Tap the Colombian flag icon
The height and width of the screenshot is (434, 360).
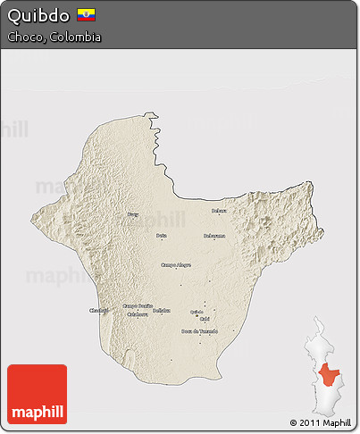[87, 15]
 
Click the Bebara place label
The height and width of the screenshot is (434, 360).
[219, 211]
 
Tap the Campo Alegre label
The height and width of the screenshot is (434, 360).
[176, 264]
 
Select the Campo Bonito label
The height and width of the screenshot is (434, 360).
[138, 305]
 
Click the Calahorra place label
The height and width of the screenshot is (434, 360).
[138, 314]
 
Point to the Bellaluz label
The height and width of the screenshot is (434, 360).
[161, 310]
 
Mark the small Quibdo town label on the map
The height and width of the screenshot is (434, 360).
[197, 312]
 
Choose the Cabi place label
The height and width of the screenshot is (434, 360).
[205, 319]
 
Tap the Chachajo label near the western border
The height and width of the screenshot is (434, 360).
[98, 310]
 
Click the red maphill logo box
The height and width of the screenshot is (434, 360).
[37, 394]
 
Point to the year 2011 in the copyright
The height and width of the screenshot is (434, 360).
[311, 422]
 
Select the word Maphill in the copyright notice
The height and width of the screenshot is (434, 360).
[337, 422]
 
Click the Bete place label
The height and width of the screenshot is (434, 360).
[162, 236]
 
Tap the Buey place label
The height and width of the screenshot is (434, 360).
[133, 215]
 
